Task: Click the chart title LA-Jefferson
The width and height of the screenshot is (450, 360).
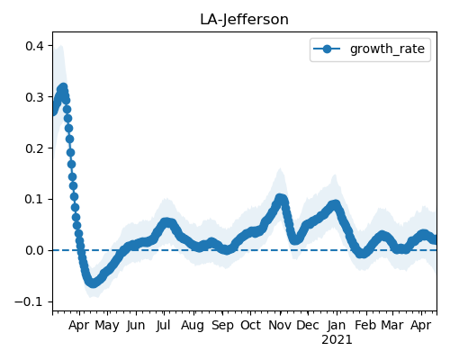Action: pos(244,20)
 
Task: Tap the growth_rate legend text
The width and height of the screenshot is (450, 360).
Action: pos(387,49)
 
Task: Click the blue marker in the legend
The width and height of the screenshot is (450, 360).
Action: pos(327,49)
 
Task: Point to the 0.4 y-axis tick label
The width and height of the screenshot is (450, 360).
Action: pos(35,46)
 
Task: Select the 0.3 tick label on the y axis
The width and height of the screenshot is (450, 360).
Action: pos(35,97)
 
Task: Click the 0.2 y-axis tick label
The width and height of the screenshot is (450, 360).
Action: pos(35,148)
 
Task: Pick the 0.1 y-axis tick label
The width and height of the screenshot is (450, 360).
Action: pos(35,199)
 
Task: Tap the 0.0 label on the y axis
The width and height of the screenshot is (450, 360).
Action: pos(35,250)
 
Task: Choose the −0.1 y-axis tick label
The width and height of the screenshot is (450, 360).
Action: pos(30,301)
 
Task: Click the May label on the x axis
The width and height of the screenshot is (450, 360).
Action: pos(107,325)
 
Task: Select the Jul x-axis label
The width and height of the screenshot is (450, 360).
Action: pos(164,325)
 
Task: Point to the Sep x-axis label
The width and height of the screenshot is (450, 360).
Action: pos(222,325)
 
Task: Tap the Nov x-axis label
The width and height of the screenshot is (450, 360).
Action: pos(280,325)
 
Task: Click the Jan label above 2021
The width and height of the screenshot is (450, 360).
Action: pos(337,325)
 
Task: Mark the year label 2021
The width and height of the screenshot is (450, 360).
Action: pos(337,340)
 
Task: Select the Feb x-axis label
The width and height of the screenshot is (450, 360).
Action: pos(365,325)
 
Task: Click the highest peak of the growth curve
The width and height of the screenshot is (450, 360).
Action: pos(63,87)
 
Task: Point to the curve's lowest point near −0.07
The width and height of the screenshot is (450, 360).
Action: pos(93,283)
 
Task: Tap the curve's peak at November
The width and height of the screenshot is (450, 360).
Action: pos(280,198)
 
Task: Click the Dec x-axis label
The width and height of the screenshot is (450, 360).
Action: pos(308,325)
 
